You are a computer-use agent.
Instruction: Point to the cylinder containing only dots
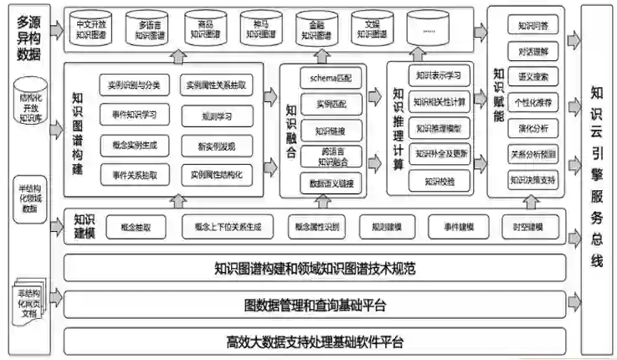[x=429, y=31]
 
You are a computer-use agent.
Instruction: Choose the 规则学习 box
[x=217, y=116]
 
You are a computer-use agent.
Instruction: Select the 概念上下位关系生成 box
[x=228, y=226]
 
